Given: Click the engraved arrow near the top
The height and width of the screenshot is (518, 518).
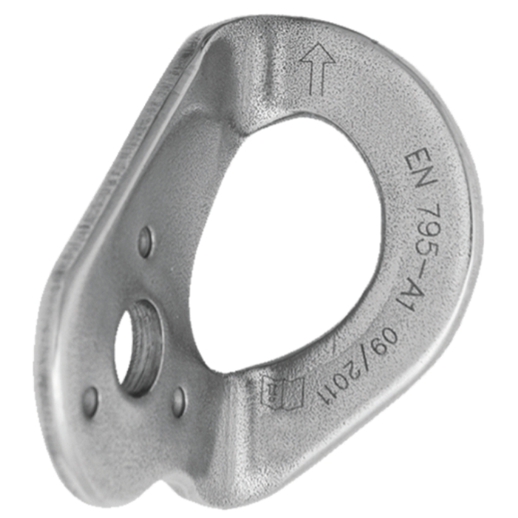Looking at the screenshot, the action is click(x=318, y=70).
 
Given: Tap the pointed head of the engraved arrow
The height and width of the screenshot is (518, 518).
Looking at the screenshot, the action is click(x=318, y=53).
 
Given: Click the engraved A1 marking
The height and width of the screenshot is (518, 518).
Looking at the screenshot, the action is click(x=415, y=296).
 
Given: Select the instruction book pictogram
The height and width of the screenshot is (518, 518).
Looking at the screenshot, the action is click(x=283, y=393).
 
